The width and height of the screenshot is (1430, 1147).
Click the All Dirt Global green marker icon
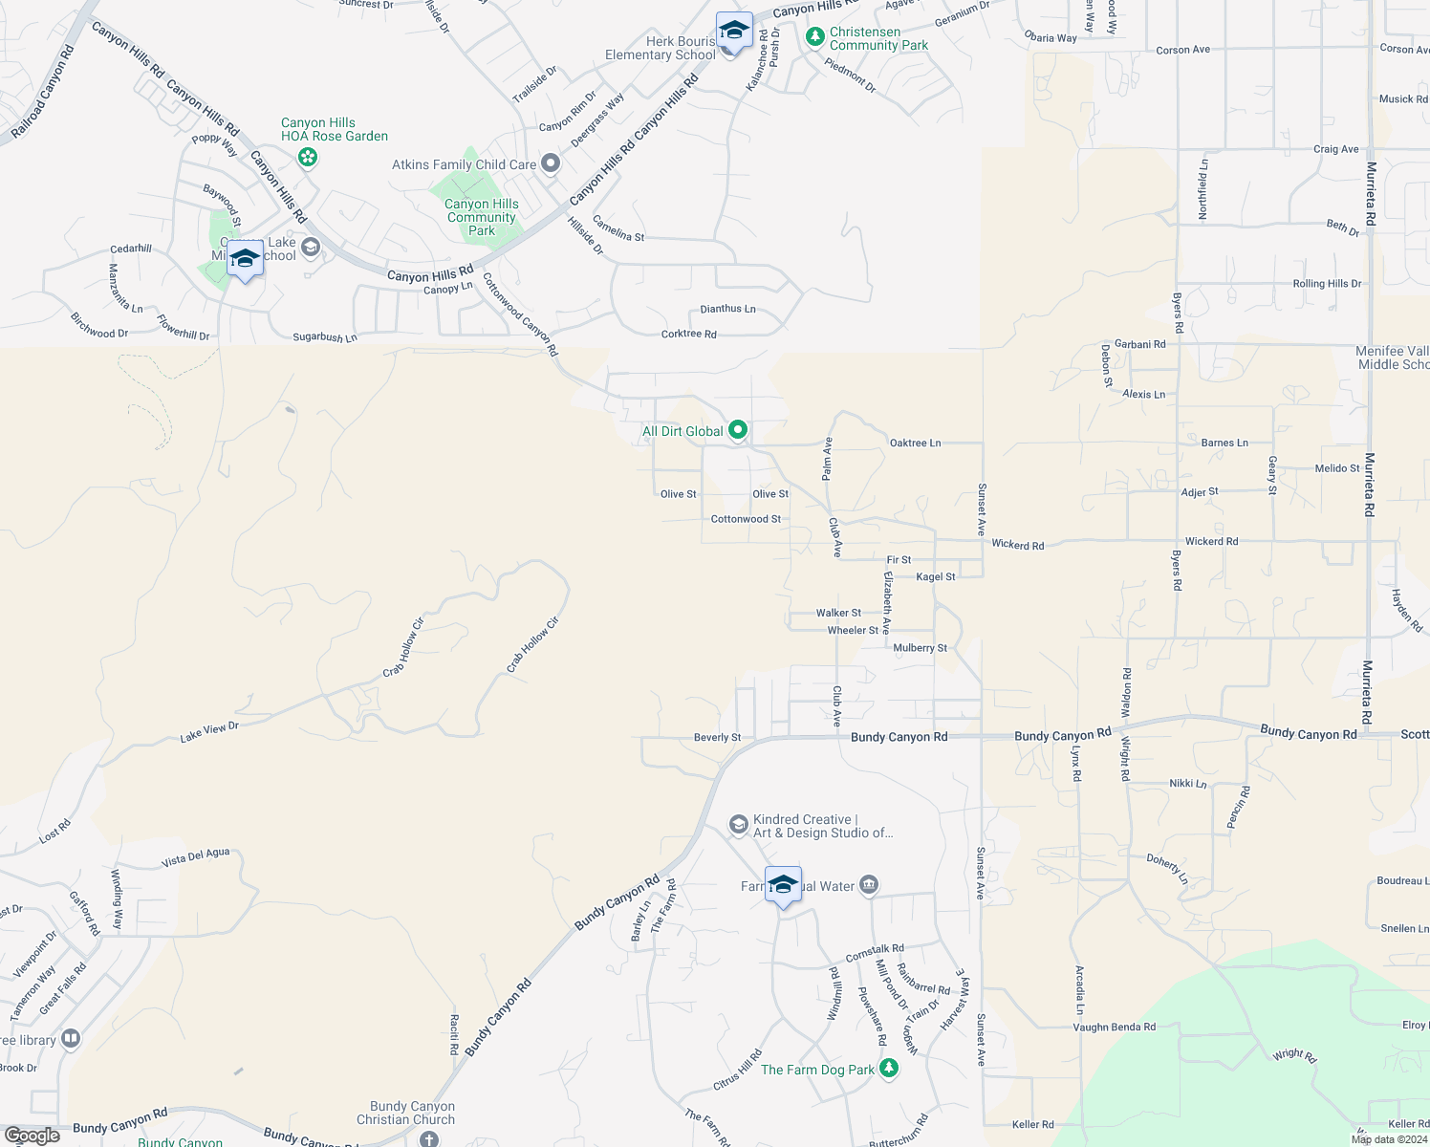[737, 431]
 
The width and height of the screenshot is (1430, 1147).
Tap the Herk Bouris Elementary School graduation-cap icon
[733, 32]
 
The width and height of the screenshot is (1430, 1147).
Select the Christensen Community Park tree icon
[815, 37]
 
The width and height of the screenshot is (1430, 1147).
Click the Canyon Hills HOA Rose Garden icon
[307, 157]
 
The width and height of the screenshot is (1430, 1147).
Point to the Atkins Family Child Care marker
[551, 164]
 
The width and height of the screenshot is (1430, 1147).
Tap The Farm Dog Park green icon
[889, 1069]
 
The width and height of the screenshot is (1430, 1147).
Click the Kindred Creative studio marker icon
[738, 824]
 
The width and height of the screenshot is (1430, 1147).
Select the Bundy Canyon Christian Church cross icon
[429, 1138]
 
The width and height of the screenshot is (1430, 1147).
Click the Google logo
[32, 1136]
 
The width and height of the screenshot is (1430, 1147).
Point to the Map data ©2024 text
[1389, 1139]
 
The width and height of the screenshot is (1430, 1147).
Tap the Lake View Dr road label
[209, 732]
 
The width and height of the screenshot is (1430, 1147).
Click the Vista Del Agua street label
[195, 857]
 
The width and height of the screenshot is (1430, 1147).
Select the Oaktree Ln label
[915, 443]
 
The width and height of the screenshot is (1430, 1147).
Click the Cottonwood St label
[746, 519]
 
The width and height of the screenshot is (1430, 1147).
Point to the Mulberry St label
[920, 648]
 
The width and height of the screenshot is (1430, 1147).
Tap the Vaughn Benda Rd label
[1114, 1028]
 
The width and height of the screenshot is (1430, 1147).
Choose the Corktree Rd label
[688, 335]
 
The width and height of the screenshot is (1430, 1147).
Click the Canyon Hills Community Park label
[482, 217]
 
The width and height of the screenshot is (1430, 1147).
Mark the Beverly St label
[717, 738]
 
